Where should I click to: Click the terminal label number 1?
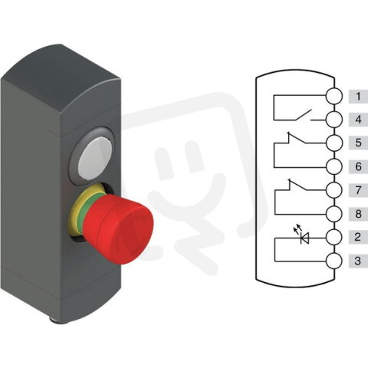(357, 97)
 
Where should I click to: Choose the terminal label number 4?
(357, 120)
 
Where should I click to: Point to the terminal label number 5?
(357, 143)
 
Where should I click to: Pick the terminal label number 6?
(357, 166)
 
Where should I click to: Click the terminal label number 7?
(357, 189)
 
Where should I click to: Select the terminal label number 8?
(357, 215)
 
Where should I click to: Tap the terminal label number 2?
(357, 238)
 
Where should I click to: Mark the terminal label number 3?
(357, 261)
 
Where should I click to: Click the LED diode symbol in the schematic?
(304, 238)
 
